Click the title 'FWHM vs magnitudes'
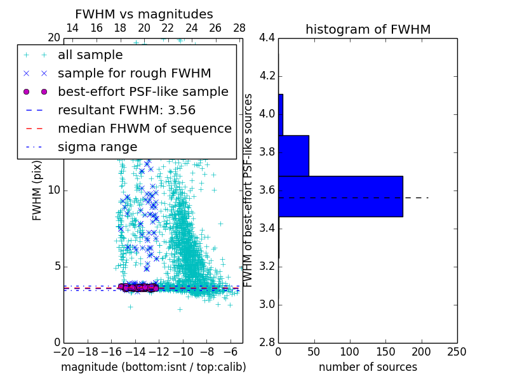click(144, 15)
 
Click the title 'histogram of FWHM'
click(368, 29)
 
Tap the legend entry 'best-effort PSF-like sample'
click(143, 91)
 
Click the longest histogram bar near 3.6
click(340, 196)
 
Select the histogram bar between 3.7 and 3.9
click(293, 156)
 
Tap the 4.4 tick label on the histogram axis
click(267, 38)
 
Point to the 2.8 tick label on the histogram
click(267, 343)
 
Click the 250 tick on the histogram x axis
click(457, 352)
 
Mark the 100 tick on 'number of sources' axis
click(350, 352)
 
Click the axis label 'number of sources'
click(368, 367)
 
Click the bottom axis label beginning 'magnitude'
click(153, 367)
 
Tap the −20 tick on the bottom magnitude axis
click(63, 352)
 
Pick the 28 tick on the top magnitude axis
click(239, 28)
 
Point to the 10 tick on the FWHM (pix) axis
click(54, 190)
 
